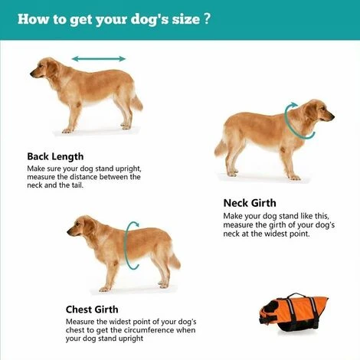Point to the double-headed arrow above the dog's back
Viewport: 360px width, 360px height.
click(99, 58)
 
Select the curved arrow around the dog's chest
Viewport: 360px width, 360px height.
click(133, 246)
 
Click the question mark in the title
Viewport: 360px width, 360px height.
click(208, 18)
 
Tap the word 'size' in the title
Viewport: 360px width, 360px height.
click(182, 18)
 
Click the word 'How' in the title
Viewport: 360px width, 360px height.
click(32, 18)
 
